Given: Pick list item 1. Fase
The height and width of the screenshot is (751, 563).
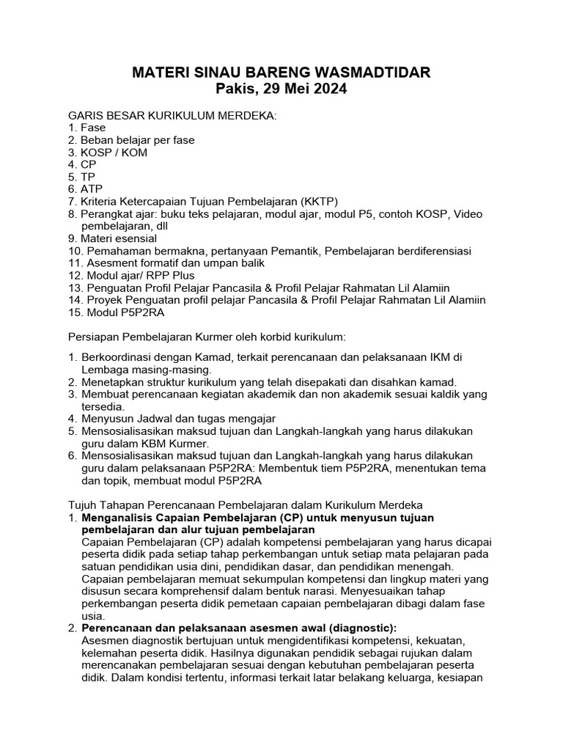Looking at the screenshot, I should [87, 128].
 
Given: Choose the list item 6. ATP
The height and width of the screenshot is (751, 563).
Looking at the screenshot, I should [87, 189].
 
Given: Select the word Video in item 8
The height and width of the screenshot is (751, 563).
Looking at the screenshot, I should [468, 214].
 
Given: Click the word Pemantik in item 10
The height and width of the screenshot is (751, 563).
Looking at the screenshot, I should [293, 252].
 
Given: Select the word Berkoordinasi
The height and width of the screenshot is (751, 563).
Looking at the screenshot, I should [116, 356].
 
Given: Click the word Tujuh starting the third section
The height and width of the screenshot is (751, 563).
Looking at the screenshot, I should [83, 505].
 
